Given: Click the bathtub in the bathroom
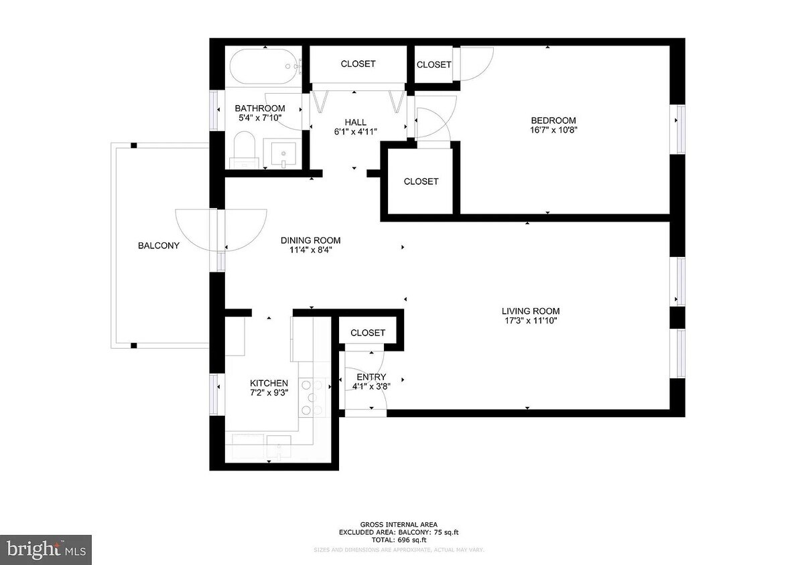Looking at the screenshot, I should [264, 67].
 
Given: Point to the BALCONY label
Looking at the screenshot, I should [159, 246].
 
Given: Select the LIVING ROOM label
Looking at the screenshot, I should [531, 311].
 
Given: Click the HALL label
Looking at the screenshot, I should [355, 122].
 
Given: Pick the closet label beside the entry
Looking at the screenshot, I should [368, 333].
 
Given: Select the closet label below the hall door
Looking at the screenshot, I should [421, 181].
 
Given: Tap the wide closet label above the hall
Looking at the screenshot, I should [358, 64].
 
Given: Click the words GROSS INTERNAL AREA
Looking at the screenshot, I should [399, 525].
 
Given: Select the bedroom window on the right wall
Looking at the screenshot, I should [680, 129].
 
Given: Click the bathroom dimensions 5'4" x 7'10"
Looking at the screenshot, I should [260, 118].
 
